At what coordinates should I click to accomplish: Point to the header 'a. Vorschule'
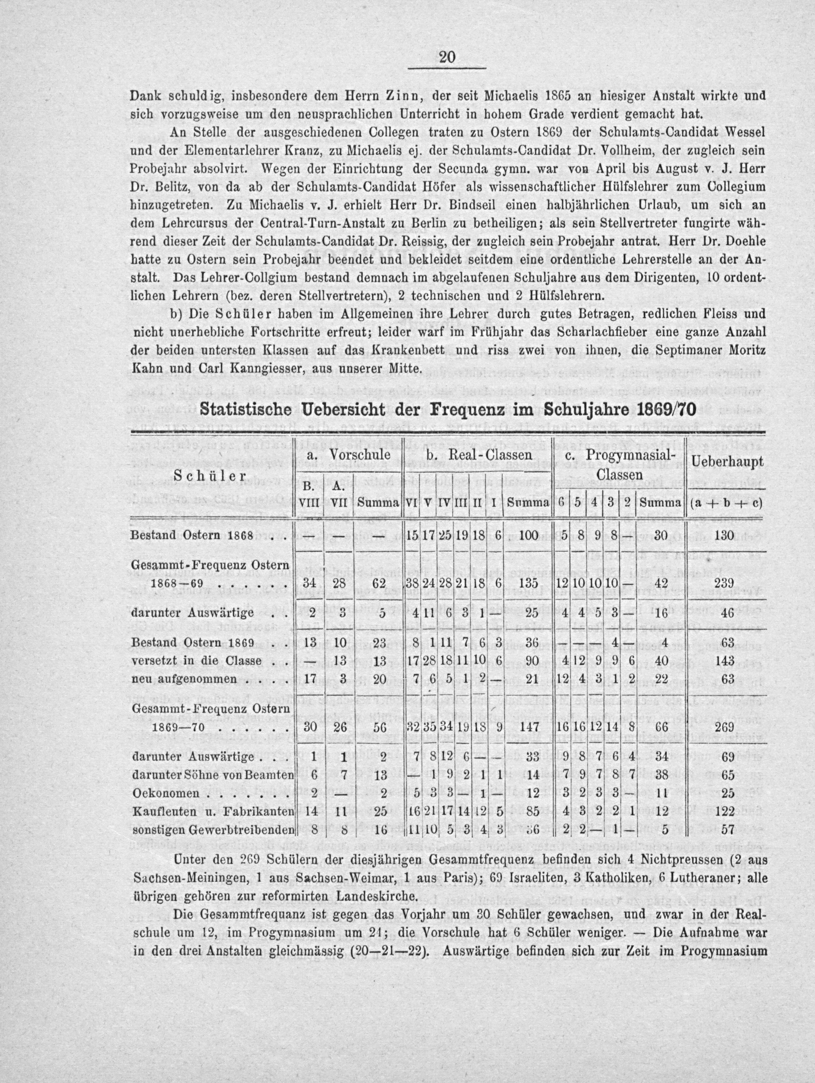pyautogui.click(x=348, y=455)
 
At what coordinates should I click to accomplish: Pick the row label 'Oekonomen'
pyautogui.click(x=166, y=793)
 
